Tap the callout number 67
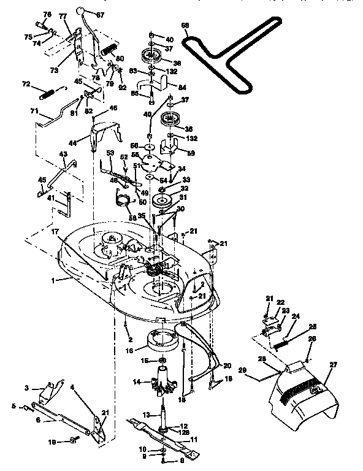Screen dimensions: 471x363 [x=118, y=15]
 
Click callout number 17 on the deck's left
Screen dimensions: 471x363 [x=56, y=232]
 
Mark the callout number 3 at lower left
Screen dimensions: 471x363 [x=27, y=389]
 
